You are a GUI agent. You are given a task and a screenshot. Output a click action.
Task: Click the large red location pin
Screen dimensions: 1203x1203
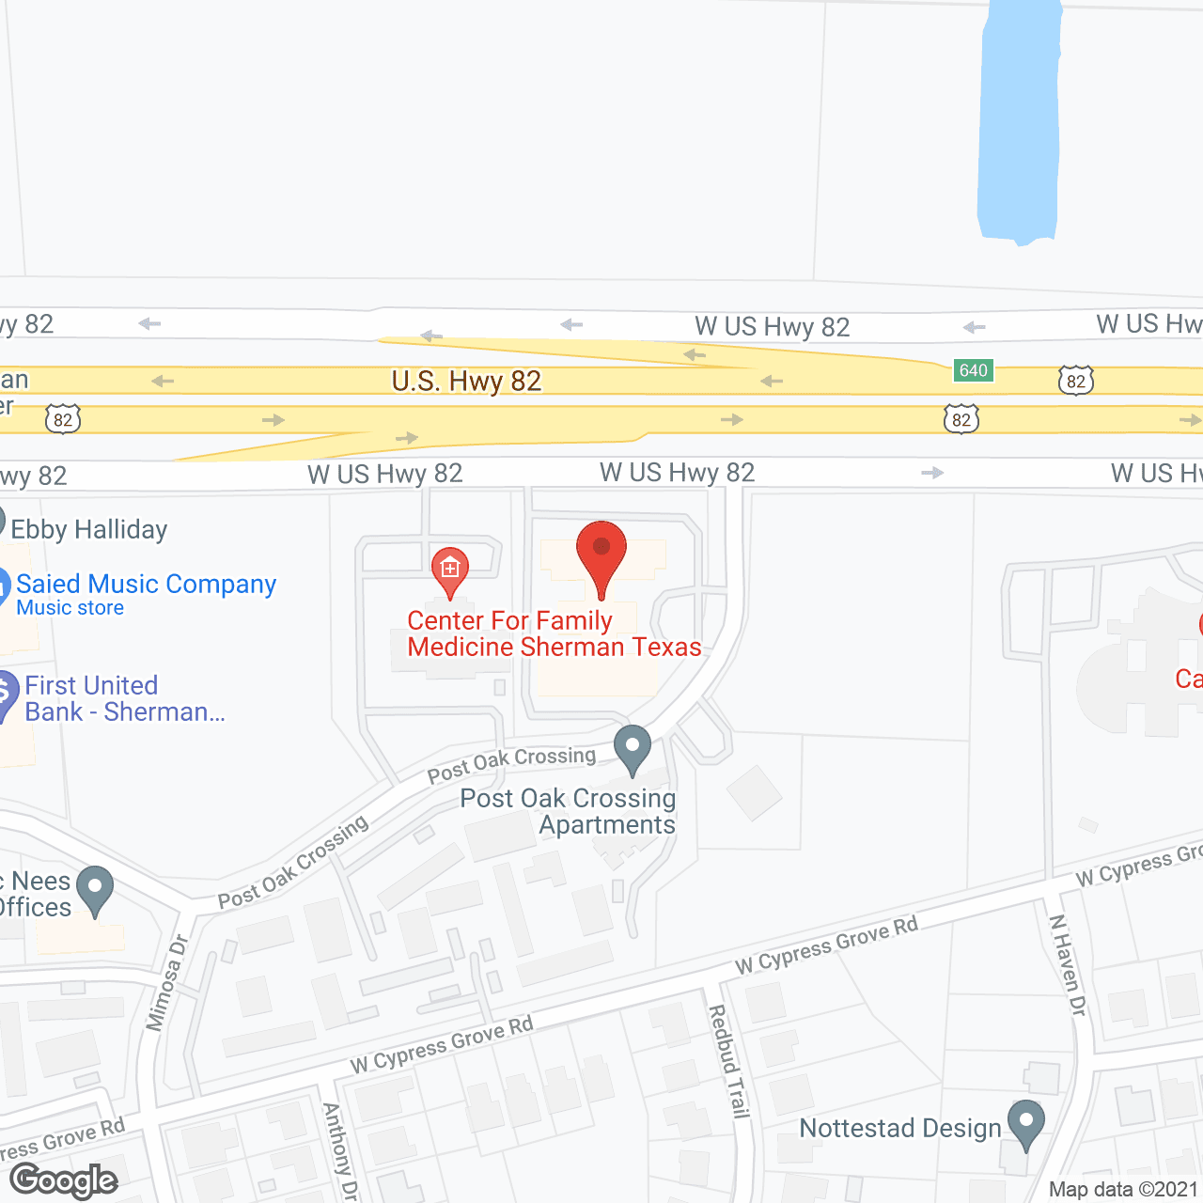(601, 555)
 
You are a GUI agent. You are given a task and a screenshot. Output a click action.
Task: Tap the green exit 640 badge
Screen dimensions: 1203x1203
(974, 370)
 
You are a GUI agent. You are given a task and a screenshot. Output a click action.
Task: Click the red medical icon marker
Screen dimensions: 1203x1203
(450, 569)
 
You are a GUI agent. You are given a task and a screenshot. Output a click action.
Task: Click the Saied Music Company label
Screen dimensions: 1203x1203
(147, 585)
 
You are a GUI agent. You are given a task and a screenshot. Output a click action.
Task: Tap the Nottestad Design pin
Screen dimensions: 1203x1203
(1025, 1121)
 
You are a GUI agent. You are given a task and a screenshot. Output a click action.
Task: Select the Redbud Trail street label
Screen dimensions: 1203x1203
(729, 1061)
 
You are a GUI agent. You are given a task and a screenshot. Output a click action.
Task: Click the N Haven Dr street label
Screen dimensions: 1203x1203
(1068, 965)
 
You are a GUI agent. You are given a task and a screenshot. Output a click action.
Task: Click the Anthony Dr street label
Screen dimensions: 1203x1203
(339, 1151)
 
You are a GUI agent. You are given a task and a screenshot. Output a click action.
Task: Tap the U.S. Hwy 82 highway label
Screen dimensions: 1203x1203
(467, 381)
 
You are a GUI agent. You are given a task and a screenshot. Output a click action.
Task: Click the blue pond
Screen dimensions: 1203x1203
(1019, 122)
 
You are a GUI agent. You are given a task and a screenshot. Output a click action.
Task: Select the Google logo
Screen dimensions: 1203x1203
(64, 1180)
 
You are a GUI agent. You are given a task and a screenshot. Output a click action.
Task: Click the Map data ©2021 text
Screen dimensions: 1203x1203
(1124, 1190)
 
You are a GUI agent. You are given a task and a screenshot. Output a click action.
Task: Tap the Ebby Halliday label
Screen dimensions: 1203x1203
(89, 530)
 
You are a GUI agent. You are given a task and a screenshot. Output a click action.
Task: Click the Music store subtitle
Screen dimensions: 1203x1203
(70, 608)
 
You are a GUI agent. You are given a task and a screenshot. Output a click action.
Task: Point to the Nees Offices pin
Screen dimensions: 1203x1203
(95, 888)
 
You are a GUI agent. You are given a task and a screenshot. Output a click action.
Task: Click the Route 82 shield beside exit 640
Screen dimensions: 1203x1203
(1076, 381)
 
